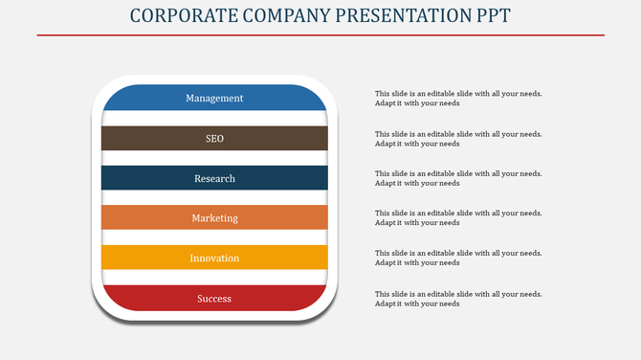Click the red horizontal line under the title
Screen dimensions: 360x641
320,35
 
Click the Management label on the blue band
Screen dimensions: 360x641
214,99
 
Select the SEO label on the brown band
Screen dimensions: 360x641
214,139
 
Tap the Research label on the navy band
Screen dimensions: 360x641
214,179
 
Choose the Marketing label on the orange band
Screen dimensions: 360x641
214,218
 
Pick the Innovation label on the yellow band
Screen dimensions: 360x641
214,259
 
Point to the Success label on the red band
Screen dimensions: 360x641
214,299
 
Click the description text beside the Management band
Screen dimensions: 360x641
458,99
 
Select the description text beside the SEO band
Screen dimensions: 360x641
458,139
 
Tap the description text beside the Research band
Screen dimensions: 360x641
458,178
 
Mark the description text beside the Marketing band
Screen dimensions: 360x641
458,218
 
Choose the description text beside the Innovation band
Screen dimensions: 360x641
458,258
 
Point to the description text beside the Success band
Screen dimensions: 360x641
458,299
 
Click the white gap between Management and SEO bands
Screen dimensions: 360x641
214,119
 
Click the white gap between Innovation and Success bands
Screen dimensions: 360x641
214,278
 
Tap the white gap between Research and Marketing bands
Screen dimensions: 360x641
214,198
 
